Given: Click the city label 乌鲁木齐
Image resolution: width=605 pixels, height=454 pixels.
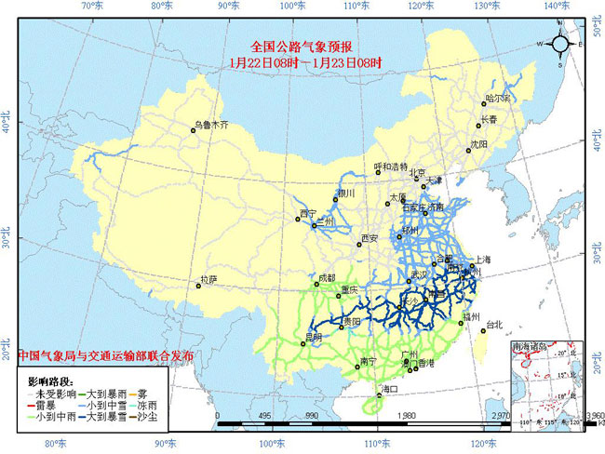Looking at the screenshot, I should [210, 124].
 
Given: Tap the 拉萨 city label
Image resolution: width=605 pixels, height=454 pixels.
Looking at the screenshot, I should [208, 279].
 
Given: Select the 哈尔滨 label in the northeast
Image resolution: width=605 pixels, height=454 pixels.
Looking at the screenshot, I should [498, 99].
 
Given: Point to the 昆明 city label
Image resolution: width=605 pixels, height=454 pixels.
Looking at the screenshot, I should [317, 334].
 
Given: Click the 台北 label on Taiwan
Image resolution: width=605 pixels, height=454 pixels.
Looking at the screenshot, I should [493, 325].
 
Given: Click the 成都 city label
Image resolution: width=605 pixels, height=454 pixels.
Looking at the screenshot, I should [325, 277].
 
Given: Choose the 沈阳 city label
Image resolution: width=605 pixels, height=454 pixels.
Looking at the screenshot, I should [478, 144].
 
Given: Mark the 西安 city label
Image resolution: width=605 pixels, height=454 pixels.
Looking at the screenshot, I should [370, 239].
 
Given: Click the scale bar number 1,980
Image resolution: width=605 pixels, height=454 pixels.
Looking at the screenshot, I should [406, 417].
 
